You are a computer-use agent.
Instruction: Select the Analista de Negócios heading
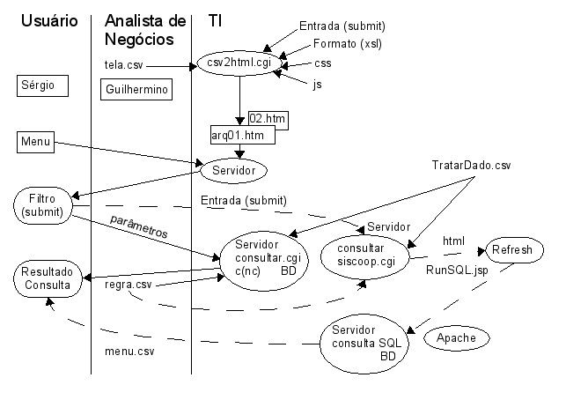pos(144,29)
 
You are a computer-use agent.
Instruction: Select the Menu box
pos(36,141)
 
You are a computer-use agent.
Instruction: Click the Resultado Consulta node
pos(48,278)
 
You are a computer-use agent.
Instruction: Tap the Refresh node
pos(511,250)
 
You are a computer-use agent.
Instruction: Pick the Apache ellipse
pos(456,338)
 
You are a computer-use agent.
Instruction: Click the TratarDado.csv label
pos(471,165)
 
